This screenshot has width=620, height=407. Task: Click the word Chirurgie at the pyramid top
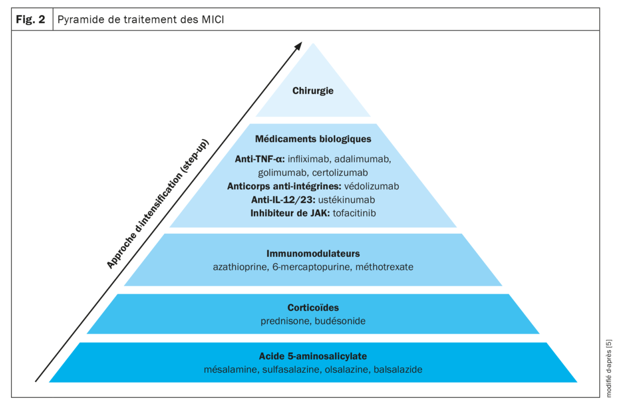pos(313,91)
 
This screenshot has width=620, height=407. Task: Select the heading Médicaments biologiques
pos(313,139)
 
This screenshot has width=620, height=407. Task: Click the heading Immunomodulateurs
pos(313,253)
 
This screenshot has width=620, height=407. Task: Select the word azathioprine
pos(238,266)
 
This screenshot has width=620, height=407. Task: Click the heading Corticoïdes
pos(313,308)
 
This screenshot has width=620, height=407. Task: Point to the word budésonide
pos(339,321)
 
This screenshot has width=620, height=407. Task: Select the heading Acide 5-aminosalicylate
pos(313,356)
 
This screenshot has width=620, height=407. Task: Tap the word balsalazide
pos(398,370)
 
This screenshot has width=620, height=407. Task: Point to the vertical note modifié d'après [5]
pos(609,369)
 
